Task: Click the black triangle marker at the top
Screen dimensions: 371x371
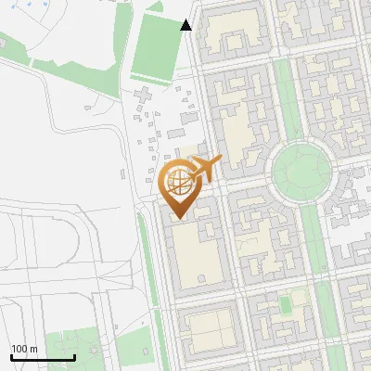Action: pyautogui.click(x=186, y=25)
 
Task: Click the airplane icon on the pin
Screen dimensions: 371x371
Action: pyautogui.click(x=205, y=169)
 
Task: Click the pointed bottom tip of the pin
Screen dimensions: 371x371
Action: pyautogui.click(x=179, y=217)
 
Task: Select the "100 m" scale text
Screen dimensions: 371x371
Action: pyautogui.click(x=24, y=349)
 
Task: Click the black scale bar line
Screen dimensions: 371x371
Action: pyautogui.click(x=43, y=357)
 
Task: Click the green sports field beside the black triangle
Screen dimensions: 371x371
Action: pyautogui.click(x=157, y=46)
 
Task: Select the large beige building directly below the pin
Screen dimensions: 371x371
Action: pyautogui.click(x=198, y=255)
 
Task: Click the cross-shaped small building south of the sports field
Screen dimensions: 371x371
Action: pyautogui.click(x=144, y=95)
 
